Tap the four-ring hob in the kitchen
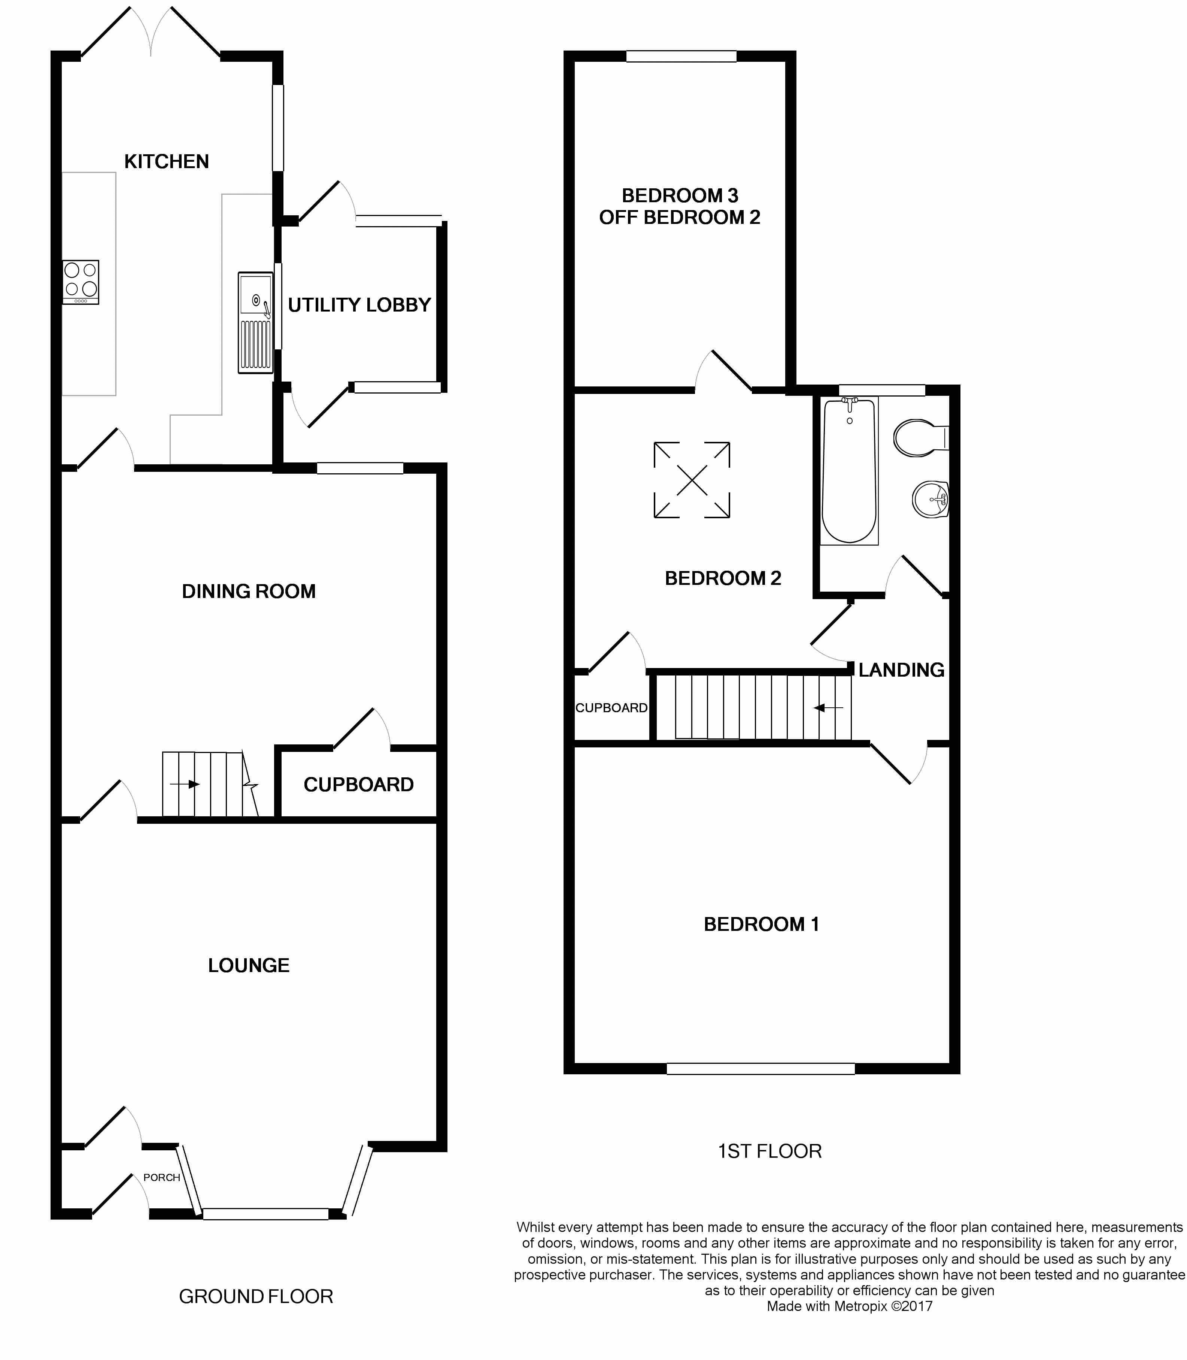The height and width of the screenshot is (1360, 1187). click(81, 282)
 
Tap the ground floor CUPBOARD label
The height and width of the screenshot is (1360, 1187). click(358, 784)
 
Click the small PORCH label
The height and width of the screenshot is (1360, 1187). click(162, 1177)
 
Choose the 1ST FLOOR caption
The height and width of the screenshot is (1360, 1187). click(770, 1151)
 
